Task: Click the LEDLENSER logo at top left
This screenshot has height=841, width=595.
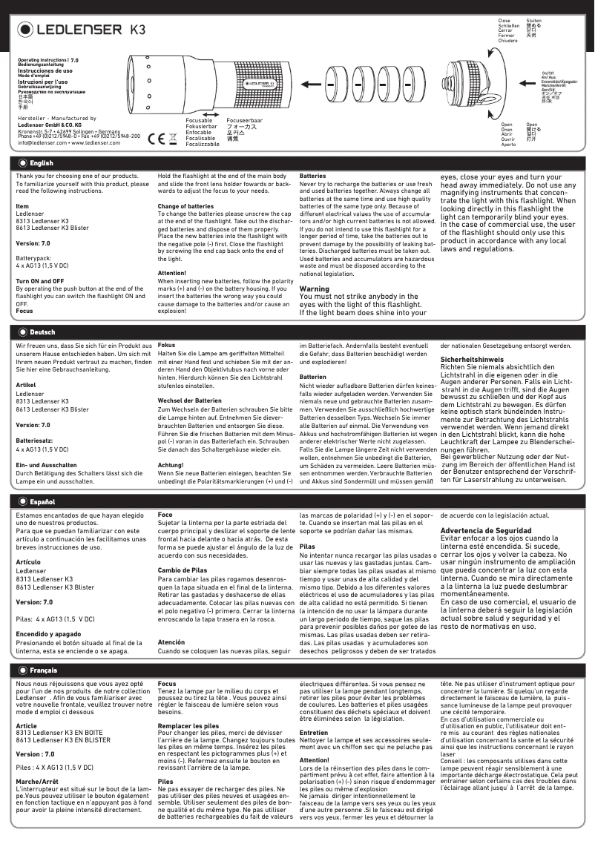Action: pyautogui.click(x=70, y=30)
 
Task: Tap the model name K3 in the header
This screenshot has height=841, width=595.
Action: pyautogui.click(x=138, y=30)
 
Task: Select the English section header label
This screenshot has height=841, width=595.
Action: pyautogui.click(x=41, y=162)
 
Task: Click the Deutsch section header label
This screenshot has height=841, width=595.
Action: pyautogui.click(x=42, y=332)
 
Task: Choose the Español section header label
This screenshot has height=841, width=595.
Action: pyautogui.click(x=42, y=502)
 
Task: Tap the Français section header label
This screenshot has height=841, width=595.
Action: pyautogui.click(x=43, y=670)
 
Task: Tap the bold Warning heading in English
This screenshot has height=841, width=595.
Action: pyautogui.click(x=314, y=288)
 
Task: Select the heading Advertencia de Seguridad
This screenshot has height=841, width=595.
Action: pyautogui.click(x=485, y=530)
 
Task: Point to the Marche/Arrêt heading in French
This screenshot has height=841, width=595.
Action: pyautogui.click(x=38, y=781)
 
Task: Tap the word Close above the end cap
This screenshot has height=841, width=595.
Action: pyautogui.click(x=504, y=20)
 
